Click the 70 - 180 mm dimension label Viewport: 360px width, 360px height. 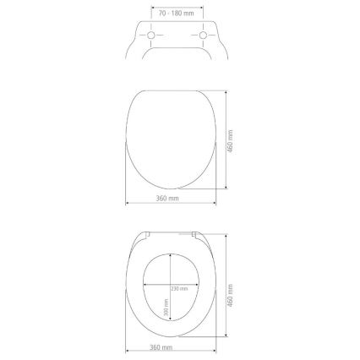click(178, 14)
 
